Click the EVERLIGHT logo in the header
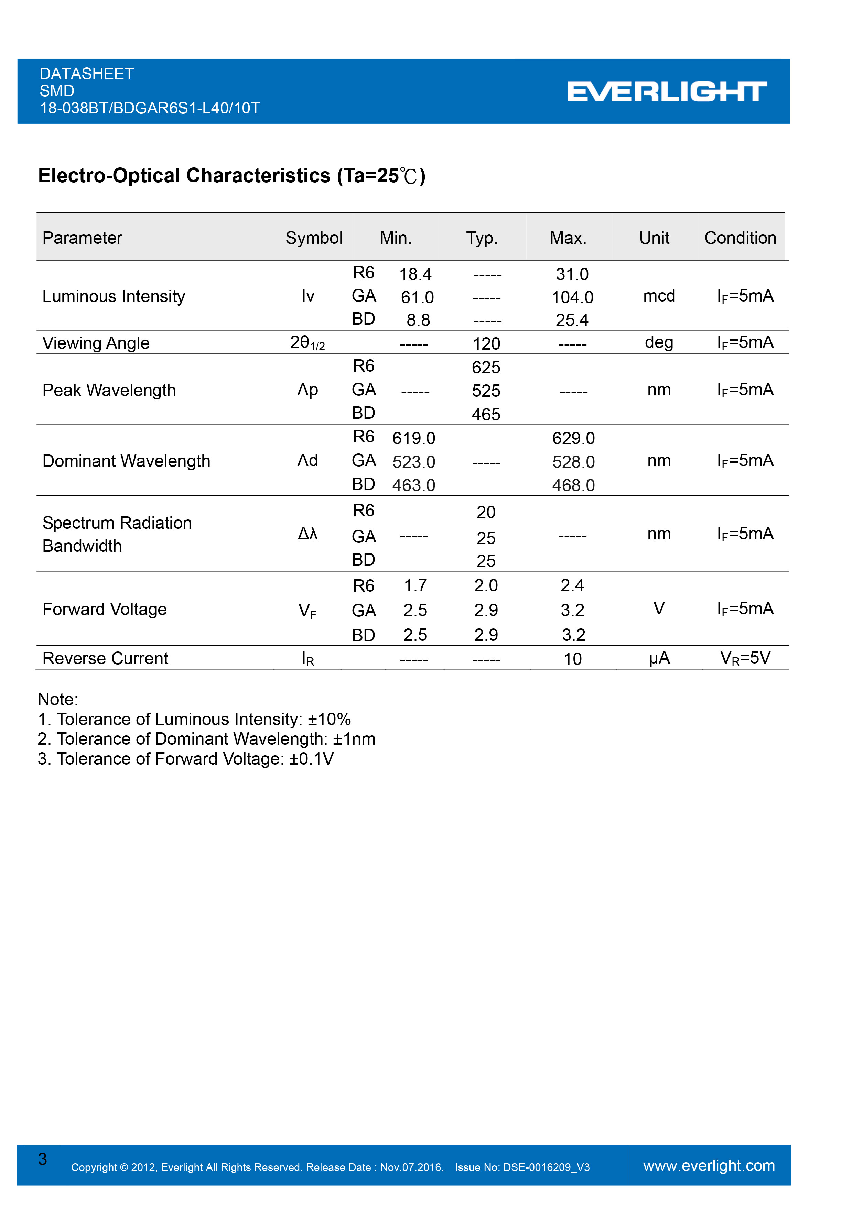coord(667,91)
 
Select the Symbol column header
coord(314,238)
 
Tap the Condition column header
coord(740,238)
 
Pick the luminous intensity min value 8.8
coord(418,320)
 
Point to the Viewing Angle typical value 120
coord(486,343)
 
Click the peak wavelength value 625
coord(486,367)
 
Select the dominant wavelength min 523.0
coord(414,462)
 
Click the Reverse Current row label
coord(105,658)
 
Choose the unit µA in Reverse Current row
coord(659,658)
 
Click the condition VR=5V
coord(745,658)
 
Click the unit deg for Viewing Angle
coord(659,342)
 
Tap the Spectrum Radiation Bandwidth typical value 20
coord(486,512)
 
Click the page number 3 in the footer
coord(43,1159)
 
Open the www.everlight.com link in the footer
coord(709,1165)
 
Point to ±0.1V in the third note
coord(311,759)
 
